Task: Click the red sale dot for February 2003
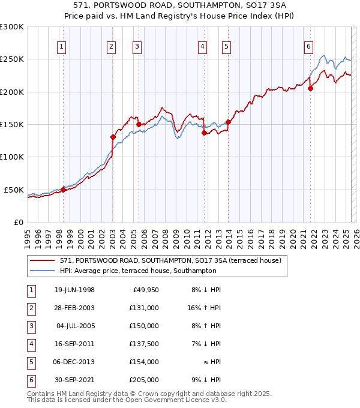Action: tap(113, 137)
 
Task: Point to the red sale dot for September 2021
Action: tap(311, 89)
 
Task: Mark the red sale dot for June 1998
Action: tap(63, 190)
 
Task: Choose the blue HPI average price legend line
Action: tap(43, 271)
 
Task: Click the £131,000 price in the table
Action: tap(145, 308)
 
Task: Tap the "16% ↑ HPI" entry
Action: tap(204, 308)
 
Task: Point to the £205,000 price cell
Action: tap(145, 380)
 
